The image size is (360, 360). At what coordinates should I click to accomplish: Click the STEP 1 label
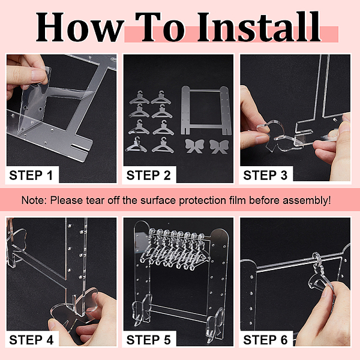pyautogui.click(x=31, y=175)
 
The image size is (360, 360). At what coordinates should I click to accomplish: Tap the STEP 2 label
pyautogui.click(x=149, y=175)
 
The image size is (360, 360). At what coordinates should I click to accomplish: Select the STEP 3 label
pyautogui.click(x=265, y=175)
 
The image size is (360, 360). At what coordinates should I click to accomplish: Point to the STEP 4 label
pyautogui.click(x=31, y=340)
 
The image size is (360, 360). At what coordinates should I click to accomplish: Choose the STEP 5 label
pyautogui.click(x=149, y=340)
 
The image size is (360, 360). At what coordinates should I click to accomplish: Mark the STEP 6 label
pyautogui.click(x=265, y=340)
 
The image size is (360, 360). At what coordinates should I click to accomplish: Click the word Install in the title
pyautogui.click(x=259, y=27)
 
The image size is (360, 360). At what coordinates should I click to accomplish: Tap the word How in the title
pyautogui.click(x=80, y=28)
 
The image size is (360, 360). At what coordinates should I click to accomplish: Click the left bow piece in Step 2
pyautogui.click(x=194, y=146)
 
